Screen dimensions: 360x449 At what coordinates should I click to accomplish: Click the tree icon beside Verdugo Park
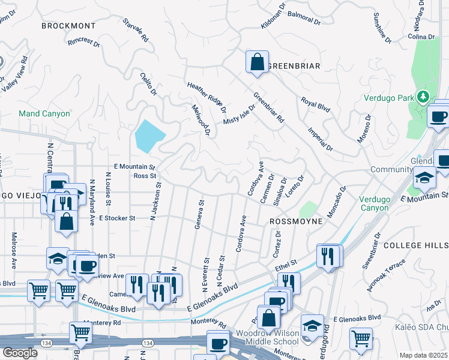pos(424,97)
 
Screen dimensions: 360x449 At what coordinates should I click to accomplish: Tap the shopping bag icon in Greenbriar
pos(256,62)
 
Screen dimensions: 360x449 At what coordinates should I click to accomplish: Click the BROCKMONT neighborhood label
pos(68,26)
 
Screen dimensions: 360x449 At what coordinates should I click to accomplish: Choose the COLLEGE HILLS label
pos(415,245)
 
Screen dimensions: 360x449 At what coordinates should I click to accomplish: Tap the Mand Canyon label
pos(44,113)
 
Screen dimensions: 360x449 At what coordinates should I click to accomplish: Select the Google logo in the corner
pos(20,353)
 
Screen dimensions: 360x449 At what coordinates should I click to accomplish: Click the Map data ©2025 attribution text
pos(423,355)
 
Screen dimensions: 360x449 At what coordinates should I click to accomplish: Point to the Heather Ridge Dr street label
pos(206,98)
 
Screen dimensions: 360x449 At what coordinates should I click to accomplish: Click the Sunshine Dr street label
pos(382,28)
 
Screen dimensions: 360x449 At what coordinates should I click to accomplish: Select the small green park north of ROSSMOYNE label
pos(308,209)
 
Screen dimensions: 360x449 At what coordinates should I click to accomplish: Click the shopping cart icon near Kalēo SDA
pos(360,338)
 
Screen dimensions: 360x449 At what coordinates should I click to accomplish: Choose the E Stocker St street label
pos(118,218)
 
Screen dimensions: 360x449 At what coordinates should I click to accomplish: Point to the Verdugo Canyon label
pos(378,203)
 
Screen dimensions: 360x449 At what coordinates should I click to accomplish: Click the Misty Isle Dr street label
pos(240,112)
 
